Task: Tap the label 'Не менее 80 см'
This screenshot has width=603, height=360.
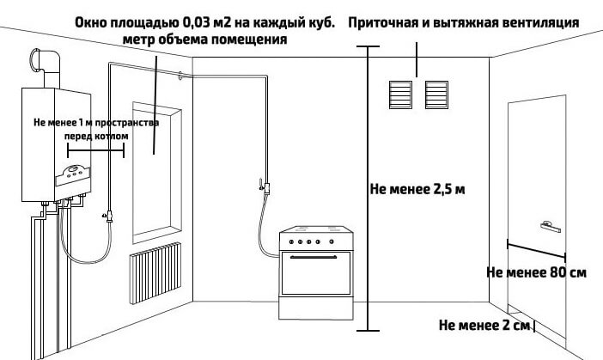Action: pos(536,273)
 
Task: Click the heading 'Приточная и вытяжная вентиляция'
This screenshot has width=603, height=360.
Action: pos(463,21)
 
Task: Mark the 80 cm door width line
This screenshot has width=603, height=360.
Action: pos(536,249)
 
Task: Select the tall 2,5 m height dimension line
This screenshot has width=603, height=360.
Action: pos(368,189)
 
